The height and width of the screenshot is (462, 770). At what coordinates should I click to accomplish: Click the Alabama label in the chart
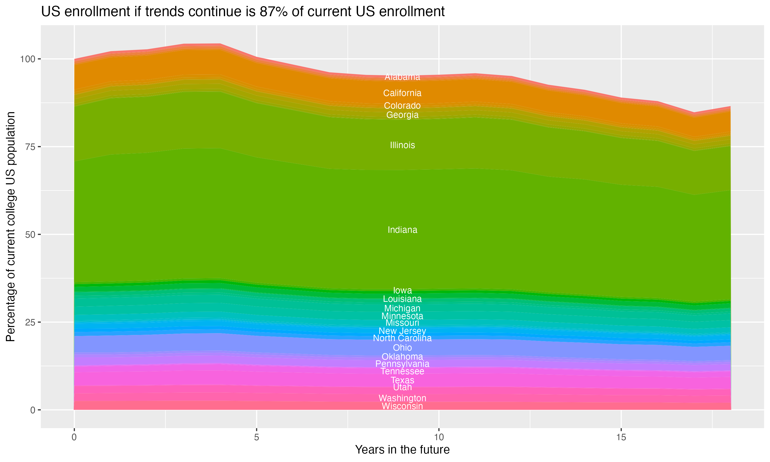402,77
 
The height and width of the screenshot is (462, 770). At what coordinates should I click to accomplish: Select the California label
402,93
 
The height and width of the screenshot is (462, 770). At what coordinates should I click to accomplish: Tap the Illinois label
402,145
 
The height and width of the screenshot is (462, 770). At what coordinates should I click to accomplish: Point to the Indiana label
402,230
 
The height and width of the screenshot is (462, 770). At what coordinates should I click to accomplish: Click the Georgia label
402,115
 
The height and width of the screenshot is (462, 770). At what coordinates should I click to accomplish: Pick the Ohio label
402,348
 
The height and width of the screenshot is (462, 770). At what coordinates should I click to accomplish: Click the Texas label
402,380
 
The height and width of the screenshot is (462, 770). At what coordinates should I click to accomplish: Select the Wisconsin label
402,406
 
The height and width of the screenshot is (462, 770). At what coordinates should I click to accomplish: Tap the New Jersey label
402,331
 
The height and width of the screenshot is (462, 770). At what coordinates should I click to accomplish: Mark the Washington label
402,398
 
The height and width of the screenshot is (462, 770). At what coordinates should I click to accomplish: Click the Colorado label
402,105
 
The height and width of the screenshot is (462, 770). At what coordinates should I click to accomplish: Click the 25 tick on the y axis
30,322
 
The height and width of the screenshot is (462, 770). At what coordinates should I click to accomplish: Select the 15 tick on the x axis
621,437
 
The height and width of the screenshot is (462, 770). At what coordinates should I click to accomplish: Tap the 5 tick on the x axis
256,437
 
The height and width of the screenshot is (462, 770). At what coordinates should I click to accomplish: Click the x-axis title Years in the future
402,449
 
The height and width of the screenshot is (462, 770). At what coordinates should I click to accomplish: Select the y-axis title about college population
11,226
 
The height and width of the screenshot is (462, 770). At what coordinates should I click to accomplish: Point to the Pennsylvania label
402,364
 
